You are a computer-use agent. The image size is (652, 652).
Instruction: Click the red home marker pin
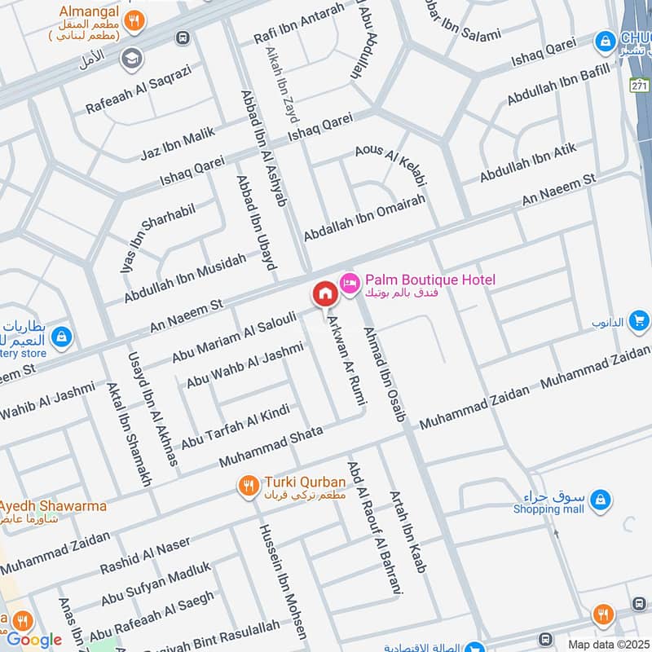(x=324, y=293)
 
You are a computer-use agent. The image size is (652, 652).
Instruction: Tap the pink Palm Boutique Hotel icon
(x=350, y=281)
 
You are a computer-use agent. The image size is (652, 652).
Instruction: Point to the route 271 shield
(x=641, y=84)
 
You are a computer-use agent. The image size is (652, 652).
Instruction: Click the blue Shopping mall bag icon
(x=599, y=497)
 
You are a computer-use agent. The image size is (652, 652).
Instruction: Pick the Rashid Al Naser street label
(x=145, y=556)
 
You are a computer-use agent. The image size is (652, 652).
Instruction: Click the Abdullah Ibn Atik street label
(x=527, y=163)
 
